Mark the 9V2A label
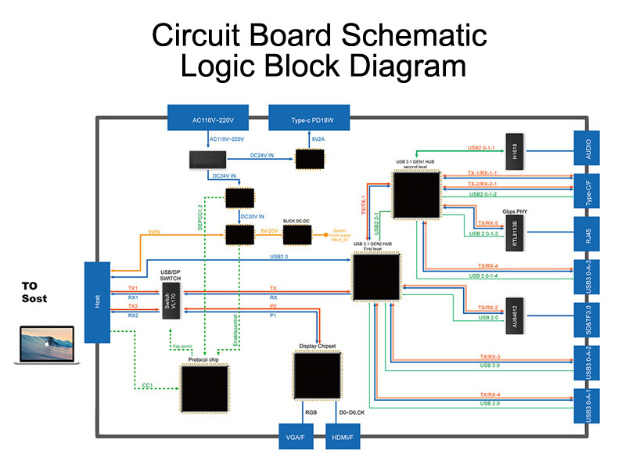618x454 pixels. pyautogui.click(x=317, y=141)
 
